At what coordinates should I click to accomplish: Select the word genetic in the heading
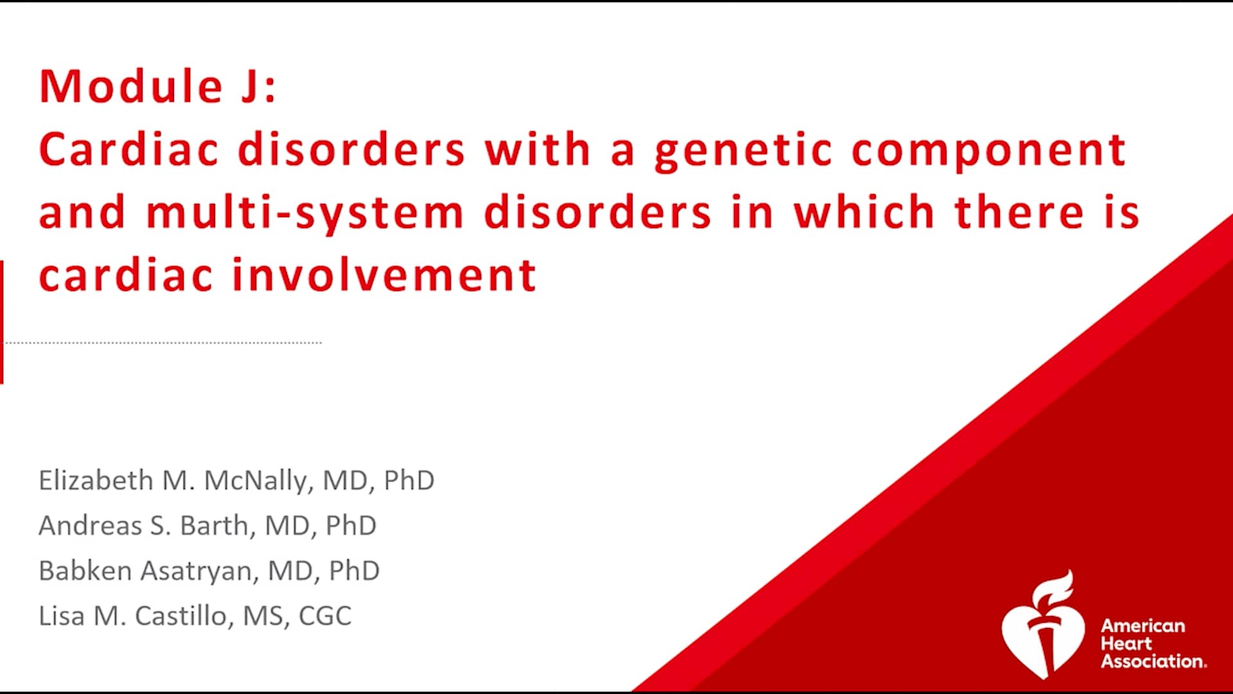coord(743,150)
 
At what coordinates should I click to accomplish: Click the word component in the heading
coord(988,150)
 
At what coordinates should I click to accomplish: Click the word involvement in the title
coord(383,275)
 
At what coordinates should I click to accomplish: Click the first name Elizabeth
coord(96,481)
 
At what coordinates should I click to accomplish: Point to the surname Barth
coord(214,526)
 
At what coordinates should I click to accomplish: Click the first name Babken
coord(85,571)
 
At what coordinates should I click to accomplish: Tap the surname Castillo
coord(181,616)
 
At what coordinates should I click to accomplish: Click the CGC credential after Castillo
coord(325,616)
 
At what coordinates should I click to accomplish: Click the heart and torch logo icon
coord(1043,627)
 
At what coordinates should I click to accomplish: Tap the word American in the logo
coord(1143,626)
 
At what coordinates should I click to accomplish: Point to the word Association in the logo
coord(1153,661)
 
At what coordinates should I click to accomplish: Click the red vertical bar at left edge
coord(2,322)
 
